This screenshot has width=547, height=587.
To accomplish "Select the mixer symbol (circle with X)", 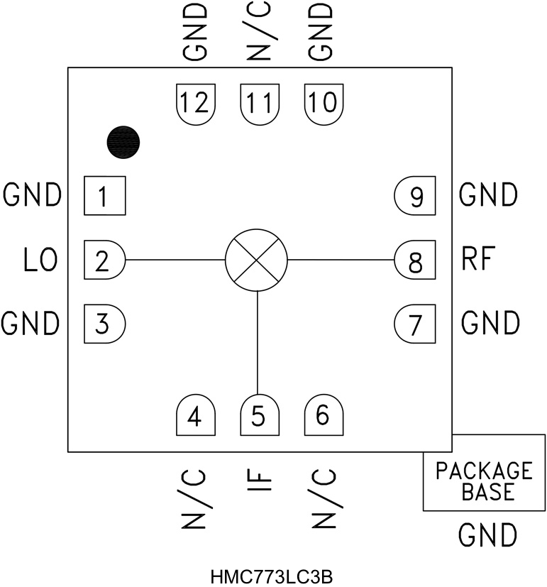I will [256, 260].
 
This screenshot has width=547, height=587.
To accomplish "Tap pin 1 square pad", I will [104, 196].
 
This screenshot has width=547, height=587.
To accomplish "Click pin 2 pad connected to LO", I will [104, 260].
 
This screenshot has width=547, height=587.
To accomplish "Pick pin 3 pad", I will [104, 324].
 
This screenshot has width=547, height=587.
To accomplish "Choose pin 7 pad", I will [414, 324].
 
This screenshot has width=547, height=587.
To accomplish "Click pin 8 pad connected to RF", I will [414, 260].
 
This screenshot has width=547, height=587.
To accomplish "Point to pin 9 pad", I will [414, 196].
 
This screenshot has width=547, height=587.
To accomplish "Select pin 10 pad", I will [324, 104].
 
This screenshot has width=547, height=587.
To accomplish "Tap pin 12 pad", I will [195, 104].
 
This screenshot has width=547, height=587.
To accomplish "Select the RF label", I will [477, 260].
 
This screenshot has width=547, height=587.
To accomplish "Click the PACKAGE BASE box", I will [485, 481].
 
